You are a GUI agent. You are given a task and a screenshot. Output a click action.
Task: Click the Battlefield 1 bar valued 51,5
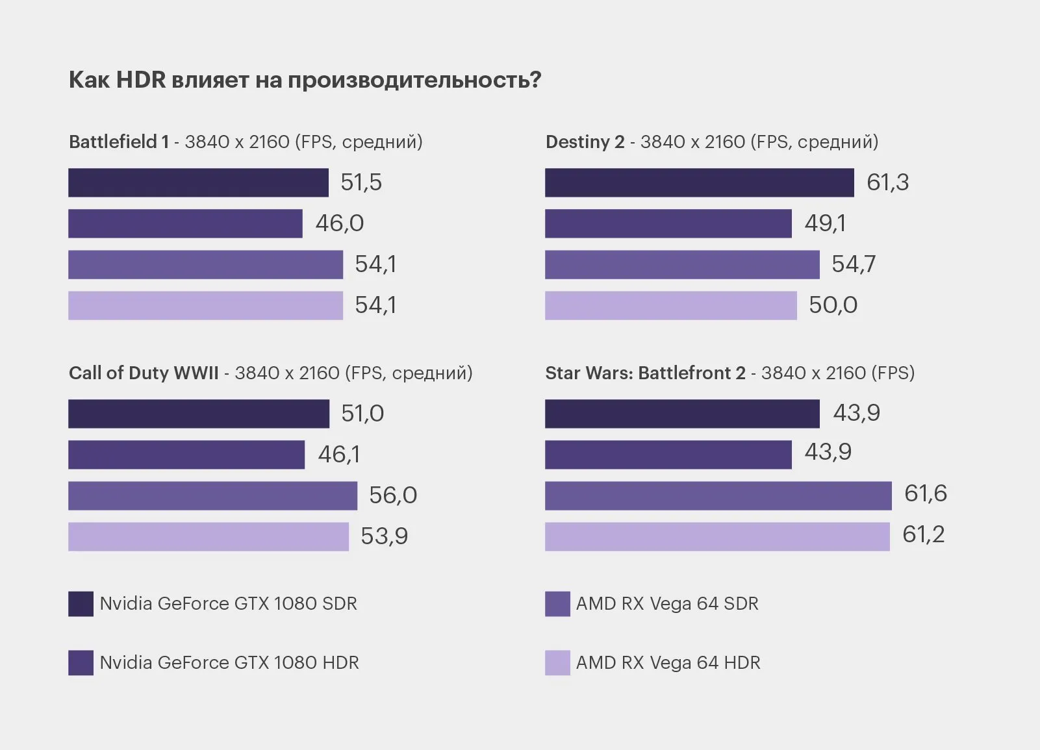click(198, 182)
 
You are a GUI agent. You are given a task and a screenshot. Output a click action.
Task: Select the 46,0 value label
click(339, 223)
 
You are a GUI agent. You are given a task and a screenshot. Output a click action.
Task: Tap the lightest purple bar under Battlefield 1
click(205, 305)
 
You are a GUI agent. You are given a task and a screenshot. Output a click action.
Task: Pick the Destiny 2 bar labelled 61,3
click(699, 182)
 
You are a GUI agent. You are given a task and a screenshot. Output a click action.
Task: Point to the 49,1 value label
click(825, 223)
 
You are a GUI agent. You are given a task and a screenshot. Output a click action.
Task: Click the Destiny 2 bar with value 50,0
click(670, 305)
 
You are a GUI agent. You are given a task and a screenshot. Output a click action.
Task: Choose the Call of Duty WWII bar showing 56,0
click(212, 495)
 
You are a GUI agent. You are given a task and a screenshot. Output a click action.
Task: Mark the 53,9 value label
click(384, 536)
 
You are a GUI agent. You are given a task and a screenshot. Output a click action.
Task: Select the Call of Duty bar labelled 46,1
click(186, 455)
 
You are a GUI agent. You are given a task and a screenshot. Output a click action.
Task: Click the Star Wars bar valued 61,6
click(718, 495)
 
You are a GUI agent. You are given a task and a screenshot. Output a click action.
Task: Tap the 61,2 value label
click(923, 534)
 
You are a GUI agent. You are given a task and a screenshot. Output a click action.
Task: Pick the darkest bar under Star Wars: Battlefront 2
click(682, 414)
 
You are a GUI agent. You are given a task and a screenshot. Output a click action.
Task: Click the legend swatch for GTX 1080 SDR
click(81, 604)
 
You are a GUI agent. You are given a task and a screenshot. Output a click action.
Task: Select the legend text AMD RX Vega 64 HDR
click(668, 663)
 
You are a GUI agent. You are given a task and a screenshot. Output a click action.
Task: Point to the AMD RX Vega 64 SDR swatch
click(557, 604)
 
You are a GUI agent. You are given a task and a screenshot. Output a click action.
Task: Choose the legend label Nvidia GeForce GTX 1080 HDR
click(229, 663)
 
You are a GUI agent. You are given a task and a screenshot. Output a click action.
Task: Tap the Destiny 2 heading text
click(585, 142)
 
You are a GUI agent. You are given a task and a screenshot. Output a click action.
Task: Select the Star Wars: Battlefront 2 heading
click(645, 373)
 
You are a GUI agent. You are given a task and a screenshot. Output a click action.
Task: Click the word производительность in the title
click(414, 80)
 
